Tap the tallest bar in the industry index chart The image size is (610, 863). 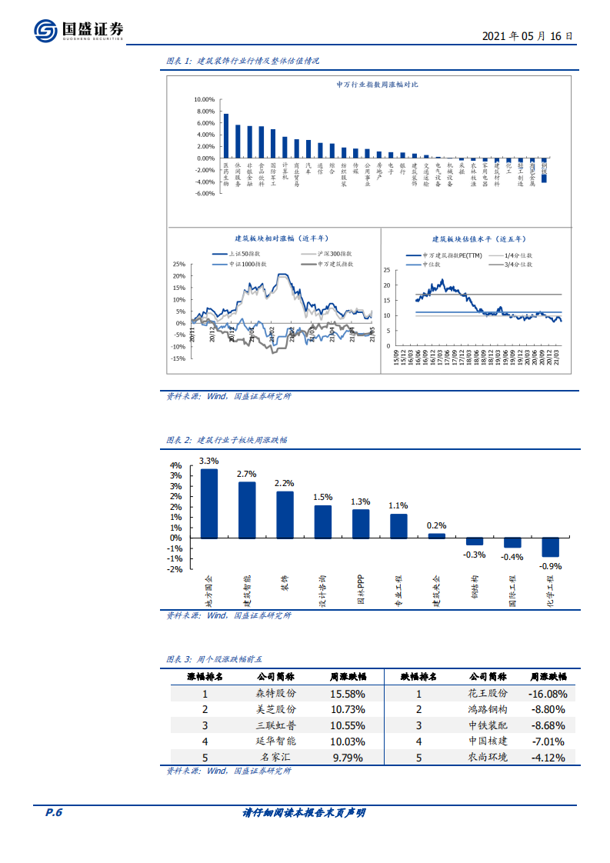[x=226, y=135]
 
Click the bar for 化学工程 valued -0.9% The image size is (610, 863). [x=550, y=546]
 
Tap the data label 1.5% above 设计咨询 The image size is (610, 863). [x=323, y=497]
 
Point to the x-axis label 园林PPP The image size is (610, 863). [x=360, y=590]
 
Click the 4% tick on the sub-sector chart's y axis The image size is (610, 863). [x=175, y=465]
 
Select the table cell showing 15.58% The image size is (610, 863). [x=348, y=693]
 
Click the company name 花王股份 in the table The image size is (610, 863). [x=488, y=693]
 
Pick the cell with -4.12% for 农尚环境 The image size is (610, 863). [x=548, y=758]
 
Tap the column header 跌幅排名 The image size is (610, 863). [x=418, y=677]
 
